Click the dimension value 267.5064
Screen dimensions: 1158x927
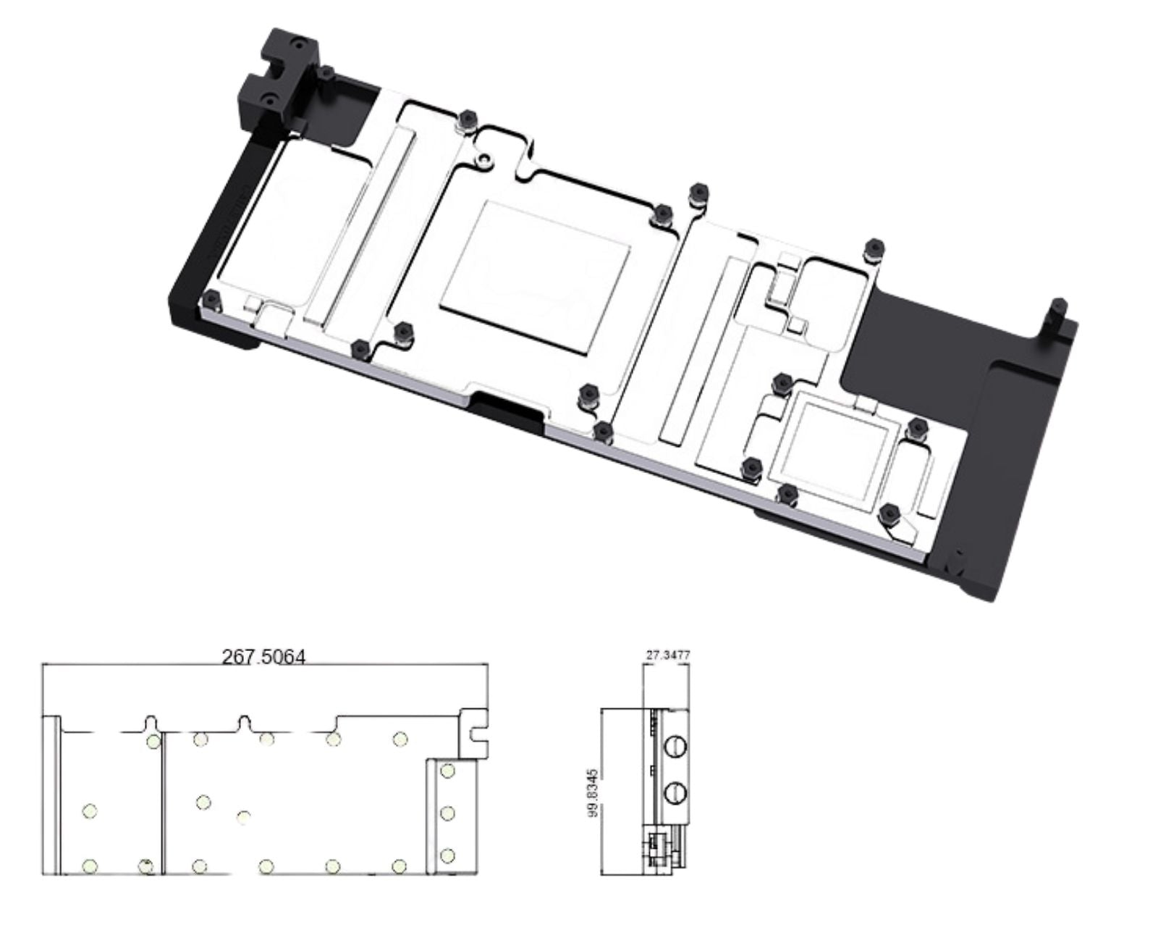pyautogui.click(x=263, y=657)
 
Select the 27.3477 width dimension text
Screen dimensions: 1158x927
pyautogui.click(x=668, y=655)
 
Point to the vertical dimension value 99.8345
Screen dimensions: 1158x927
pyautogui.click(x=593, y=793)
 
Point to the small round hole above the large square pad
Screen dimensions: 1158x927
pyautogui.click(x=486, y=159)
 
